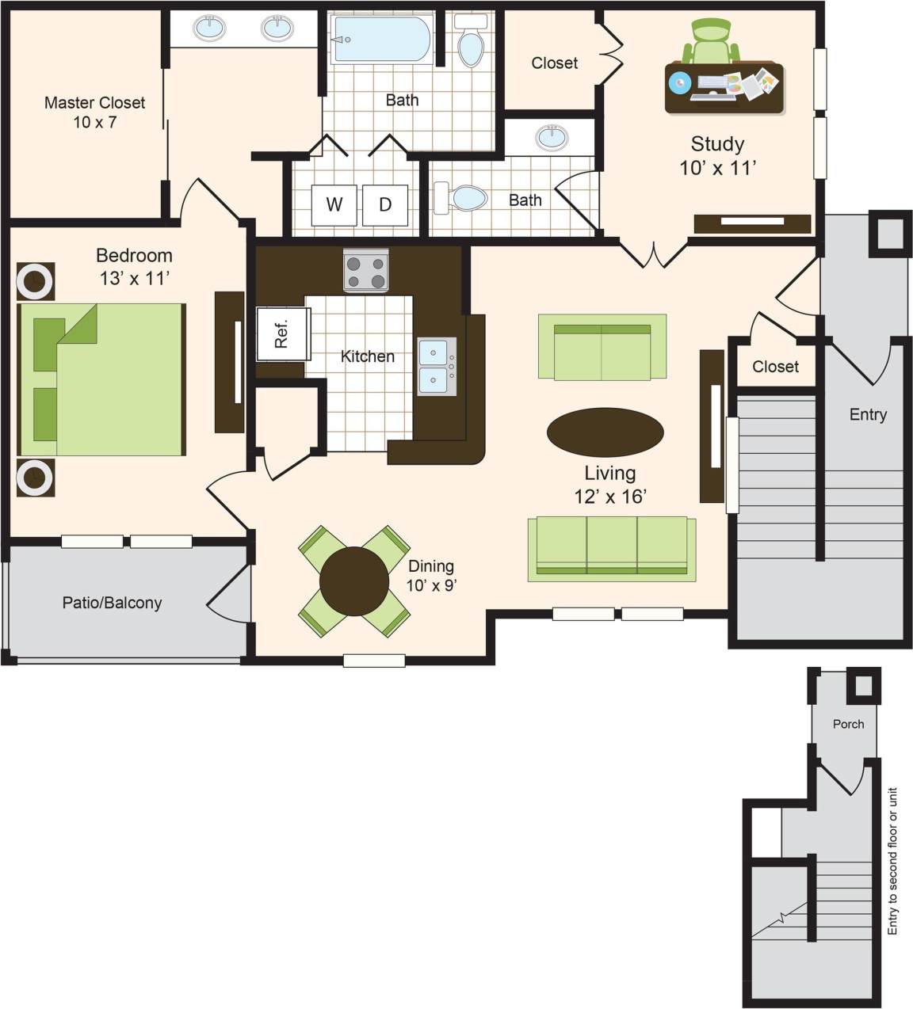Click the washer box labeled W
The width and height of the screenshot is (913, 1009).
click(x=334, y=204)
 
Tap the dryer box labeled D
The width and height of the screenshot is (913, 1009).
click(x=385, y=204)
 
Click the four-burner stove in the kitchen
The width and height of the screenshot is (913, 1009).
click(x=366, y=271)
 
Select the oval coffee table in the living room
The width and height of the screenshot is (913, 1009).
click(x=605, y=432)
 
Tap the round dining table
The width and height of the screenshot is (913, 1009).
click(x=354, y=581)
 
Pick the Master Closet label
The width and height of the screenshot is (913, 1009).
click(x=94, y=112)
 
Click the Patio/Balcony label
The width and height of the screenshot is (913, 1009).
click(x=112, y=603)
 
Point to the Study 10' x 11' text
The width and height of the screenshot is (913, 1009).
click(x=717, y=155)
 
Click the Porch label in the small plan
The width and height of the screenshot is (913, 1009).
click(x=848, y=724)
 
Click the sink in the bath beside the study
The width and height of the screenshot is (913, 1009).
click(x=552, y=137)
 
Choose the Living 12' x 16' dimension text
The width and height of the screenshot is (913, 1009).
click(x=610, y=484)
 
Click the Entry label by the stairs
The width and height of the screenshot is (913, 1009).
click(x=868, y=414)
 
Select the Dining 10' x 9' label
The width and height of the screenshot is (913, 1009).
click(x=431, y=575)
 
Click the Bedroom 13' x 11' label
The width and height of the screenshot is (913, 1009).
click(x=134, y=266)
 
